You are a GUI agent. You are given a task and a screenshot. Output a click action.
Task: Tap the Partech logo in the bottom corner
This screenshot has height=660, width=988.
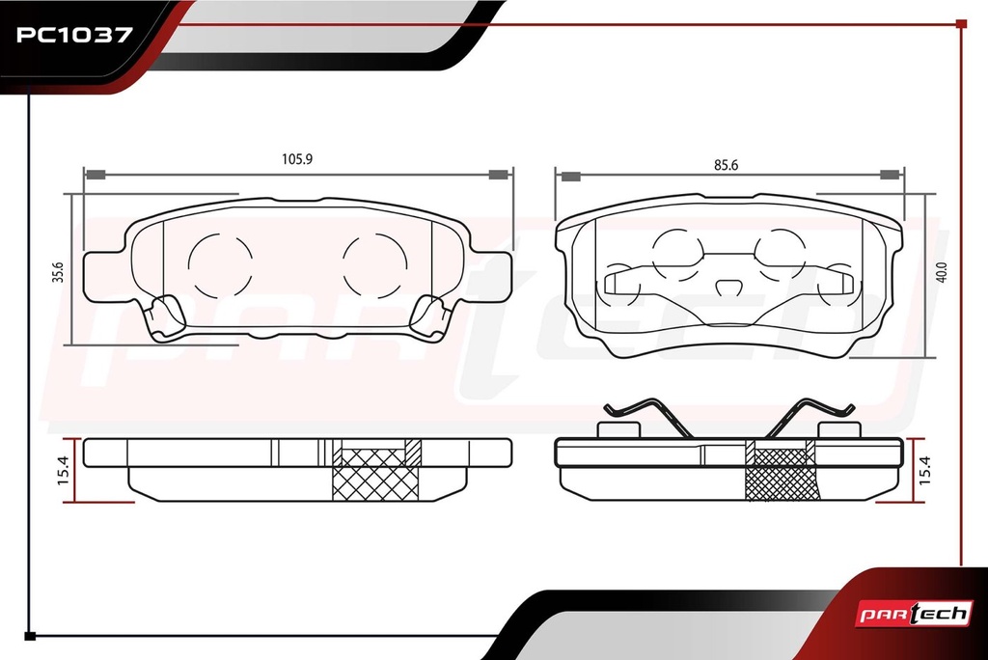pos(914,614)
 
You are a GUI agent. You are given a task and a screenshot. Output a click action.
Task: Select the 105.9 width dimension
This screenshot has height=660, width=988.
pos(297,159)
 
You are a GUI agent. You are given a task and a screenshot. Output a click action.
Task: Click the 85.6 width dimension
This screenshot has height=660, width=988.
pos(726,165)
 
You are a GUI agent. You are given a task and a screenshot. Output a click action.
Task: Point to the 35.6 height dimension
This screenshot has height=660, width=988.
pos(58,272)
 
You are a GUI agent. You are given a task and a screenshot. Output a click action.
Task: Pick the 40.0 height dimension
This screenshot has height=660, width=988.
pos(942,272)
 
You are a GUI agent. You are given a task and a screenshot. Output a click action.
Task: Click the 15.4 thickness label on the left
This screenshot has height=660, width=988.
pos(64,470)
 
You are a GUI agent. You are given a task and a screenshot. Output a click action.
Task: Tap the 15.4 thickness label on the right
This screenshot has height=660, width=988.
pos(925,470)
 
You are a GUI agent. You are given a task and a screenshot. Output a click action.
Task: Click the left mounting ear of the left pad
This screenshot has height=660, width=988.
pos(104,276)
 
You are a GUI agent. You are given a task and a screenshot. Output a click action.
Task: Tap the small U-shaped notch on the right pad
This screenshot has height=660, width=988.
pos(727,287)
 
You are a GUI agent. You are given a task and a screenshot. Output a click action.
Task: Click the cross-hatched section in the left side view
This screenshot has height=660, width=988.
pos(376,475)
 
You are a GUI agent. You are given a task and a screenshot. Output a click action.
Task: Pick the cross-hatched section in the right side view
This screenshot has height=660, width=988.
pos(782,475)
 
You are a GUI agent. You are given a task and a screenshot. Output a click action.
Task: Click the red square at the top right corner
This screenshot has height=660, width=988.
pos(961,24)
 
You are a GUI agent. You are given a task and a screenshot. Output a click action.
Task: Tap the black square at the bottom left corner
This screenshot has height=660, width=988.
pos(29,636)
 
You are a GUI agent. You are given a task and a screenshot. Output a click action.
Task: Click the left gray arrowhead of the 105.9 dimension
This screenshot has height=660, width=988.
pos(96,175)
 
